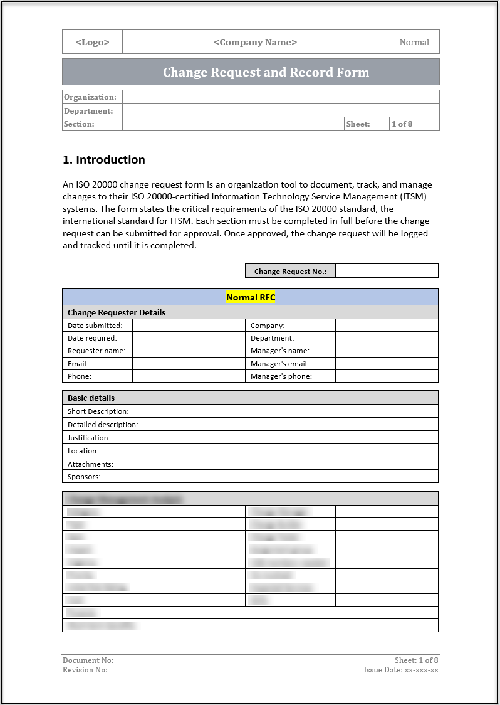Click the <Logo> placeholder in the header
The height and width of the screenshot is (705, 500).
pos(93,42)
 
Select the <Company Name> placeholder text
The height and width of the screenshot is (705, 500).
pos(255,42)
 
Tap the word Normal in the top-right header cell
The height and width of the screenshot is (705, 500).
pos(414,42)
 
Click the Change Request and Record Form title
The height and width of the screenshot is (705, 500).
pos(266,72)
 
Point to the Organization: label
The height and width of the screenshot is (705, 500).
pos(90,97)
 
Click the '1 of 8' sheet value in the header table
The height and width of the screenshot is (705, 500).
pos(402,124)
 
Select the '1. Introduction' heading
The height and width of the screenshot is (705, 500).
pos(104,160)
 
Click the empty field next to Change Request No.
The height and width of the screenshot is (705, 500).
pos(387,271)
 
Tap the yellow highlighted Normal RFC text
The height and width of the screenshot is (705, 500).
pos(251,297)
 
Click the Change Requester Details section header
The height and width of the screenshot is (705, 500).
pos(117,312)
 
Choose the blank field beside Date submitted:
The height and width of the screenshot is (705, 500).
pos(188,326)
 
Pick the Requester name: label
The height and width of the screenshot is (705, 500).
pos(96,351)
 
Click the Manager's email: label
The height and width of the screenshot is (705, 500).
pos(279,364)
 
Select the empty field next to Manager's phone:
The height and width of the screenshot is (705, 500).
pos(387,376)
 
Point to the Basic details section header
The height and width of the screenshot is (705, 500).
pos(91,398)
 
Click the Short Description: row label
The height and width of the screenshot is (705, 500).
pos(98,411)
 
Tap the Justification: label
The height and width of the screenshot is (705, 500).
pos(89,438)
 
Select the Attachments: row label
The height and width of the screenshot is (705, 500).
pos(90,464)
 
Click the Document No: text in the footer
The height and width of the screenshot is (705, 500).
pos(88,660)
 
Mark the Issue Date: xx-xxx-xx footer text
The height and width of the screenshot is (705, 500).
pos(401,670)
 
